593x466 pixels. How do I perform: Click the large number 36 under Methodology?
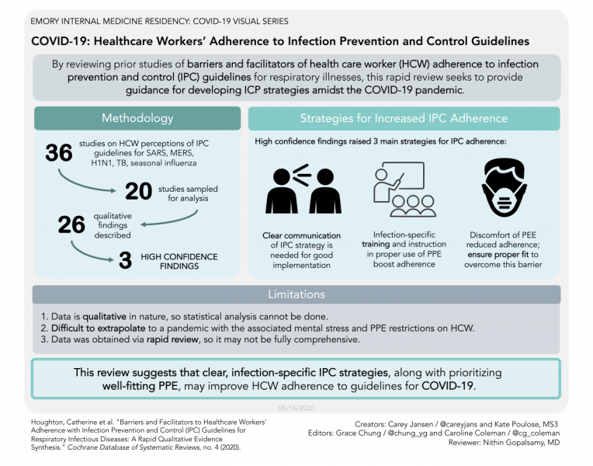(59, 152)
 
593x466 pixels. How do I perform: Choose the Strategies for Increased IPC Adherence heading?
(404, 118)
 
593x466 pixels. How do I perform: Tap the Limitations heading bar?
(296, 294)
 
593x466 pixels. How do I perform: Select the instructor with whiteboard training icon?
(402, 190)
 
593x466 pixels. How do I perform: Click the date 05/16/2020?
(296, 407)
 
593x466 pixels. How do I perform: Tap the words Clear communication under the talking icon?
(301, 235)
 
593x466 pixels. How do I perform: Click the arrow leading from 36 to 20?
(78, 181)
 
